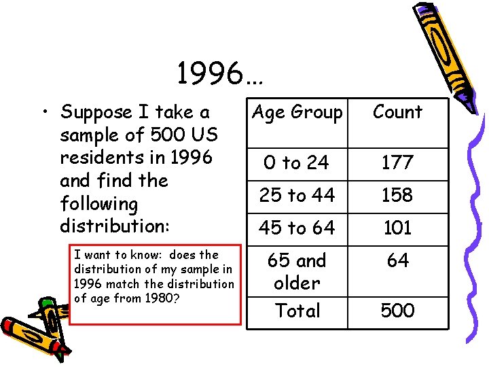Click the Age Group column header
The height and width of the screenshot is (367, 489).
coord(297,112)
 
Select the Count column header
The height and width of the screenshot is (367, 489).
coord(397,112)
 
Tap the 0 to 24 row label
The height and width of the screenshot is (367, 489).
coord(296,163)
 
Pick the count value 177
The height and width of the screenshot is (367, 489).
coord(397,163)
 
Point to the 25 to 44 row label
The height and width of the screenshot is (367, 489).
coord(297,196)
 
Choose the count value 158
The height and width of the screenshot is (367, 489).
coord(397,196)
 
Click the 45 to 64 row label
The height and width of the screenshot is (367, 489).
coord(297,228)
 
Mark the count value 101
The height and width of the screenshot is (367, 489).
coord(397,228)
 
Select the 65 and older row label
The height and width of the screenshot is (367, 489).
coord(297,271)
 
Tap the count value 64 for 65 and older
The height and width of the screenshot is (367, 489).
coord(397,260)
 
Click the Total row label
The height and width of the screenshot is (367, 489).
coord(297,311)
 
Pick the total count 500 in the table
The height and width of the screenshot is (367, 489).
coord(397,311)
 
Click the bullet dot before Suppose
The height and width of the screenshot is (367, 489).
coord(45,112)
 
